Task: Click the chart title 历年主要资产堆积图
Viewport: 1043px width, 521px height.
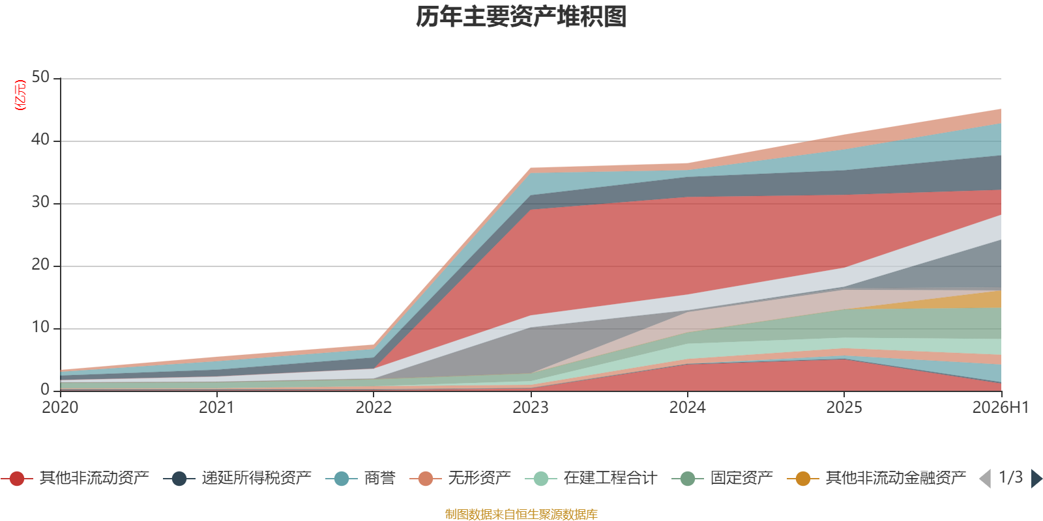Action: coord(521,17)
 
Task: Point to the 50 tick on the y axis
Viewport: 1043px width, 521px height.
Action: coord(40,77)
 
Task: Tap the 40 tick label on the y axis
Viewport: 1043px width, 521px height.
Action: coord(40,139)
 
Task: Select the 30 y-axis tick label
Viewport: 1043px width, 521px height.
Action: coord(40,203)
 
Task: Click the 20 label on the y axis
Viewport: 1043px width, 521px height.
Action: coord(40,264)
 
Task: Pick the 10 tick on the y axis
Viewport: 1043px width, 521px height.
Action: coord(40,328)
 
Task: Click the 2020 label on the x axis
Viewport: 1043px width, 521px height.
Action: coord(60,408)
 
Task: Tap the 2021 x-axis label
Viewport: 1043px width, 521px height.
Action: coord(216,408)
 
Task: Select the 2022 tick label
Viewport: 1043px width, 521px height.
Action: coord(374,408)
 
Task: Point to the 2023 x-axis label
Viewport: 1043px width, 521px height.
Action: coord(531,408)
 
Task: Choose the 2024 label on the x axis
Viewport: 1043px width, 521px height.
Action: coord(687,408)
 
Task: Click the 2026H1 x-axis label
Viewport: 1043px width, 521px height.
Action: coord(1001,408)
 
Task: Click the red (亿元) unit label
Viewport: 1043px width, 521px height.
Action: coord(20,95)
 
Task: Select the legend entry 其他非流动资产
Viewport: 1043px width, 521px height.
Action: coord(75,478)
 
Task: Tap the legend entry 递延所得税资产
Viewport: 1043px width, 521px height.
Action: coord(237,478)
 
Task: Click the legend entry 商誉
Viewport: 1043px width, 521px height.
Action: coord(361,478)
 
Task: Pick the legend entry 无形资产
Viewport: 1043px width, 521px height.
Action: coord(460,478)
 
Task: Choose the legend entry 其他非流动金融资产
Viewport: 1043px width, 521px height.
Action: coord(876,478)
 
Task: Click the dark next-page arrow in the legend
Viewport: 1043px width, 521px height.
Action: coord(1036,478)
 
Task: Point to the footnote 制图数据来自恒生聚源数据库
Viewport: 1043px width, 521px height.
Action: coord(521,514)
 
